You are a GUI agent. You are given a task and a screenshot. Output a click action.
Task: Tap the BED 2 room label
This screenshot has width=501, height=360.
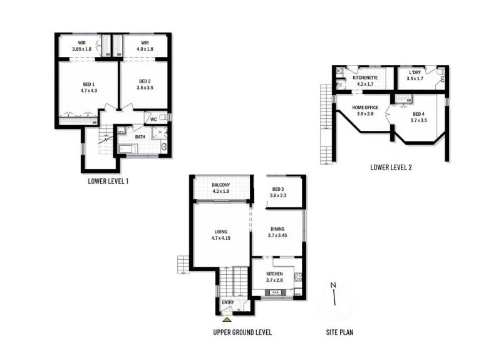(x=145, y=81)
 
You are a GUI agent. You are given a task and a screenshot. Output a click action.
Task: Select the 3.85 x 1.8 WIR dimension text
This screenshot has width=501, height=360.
(x=81, y=48)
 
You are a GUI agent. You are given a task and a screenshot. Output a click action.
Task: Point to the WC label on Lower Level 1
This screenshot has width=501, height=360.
(x=153, y=119)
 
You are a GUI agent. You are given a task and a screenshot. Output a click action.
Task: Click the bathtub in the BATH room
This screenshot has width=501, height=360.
(x=129, y=148)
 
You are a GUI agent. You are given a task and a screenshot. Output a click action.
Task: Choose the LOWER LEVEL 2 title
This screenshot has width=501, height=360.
(x=391, y=167)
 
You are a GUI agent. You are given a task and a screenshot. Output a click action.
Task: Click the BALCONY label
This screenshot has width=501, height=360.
(x=221, y=185)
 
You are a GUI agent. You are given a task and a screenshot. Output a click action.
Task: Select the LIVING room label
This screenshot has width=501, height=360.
(x=220, y=232)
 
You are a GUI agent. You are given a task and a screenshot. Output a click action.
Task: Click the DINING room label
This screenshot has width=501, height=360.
(x=277, y=229)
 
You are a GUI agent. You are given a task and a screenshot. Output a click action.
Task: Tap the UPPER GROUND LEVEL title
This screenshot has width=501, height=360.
(x=242, y=332)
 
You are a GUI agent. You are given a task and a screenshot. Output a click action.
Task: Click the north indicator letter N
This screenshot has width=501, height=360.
(x=333, y=286)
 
